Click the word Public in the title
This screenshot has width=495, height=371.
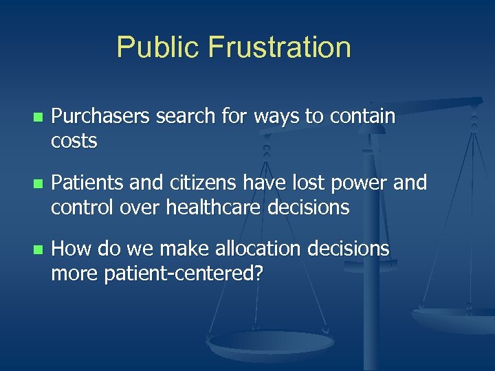coord(159,47)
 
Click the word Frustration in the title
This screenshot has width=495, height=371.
coord(280,47)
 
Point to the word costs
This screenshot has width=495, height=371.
coord(74,142)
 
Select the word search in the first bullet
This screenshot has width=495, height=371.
coord(182,117)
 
